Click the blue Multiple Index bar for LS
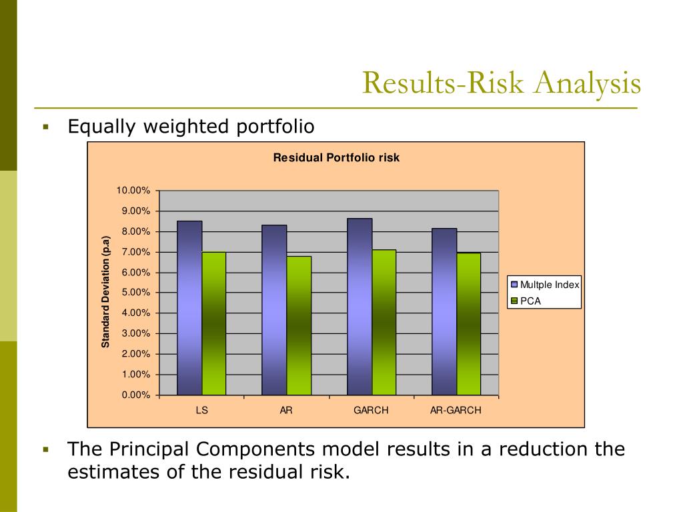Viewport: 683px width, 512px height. [189, 308]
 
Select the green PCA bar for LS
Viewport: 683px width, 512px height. [213, 323]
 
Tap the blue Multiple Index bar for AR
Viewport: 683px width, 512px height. [274, 310]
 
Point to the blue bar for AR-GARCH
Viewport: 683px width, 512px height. [444, 311]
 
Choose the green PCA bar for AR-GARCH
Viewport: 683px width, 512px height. [468, 324]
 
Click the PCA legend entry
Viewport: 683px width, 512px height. [530, 301]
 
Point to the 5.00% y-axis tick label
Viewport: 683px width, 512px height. [136, 293]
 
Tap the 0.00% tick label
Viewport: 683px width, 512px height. [136, 395]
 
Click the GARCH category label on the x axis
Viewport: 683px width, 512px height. [371, 411]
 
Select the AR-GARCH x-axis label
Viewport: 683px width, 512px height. [456, 411]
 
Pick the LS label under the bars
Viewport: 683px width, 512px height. [201, 411]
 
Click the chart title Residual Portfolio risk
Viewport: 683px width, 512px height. [336, 158]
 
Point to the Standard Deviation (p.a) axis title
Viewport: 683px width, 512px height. [105, 292]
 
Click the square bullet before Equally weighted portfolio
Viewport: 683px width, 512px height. [46, 127]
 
